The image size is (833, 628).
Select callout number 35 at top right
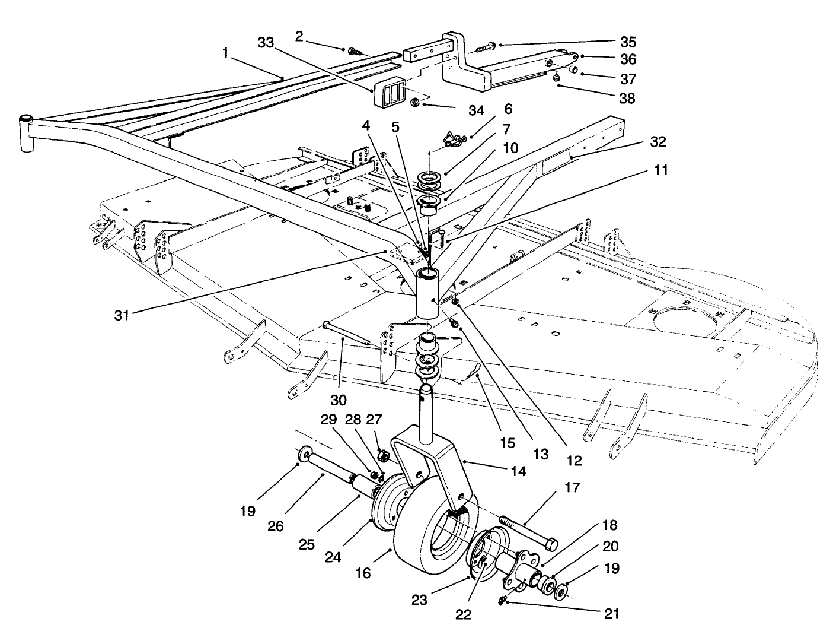click(628, 42)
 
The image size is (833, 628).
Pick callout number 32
click(658, 142)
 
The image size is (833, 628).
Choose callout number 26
click(292, 526)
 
